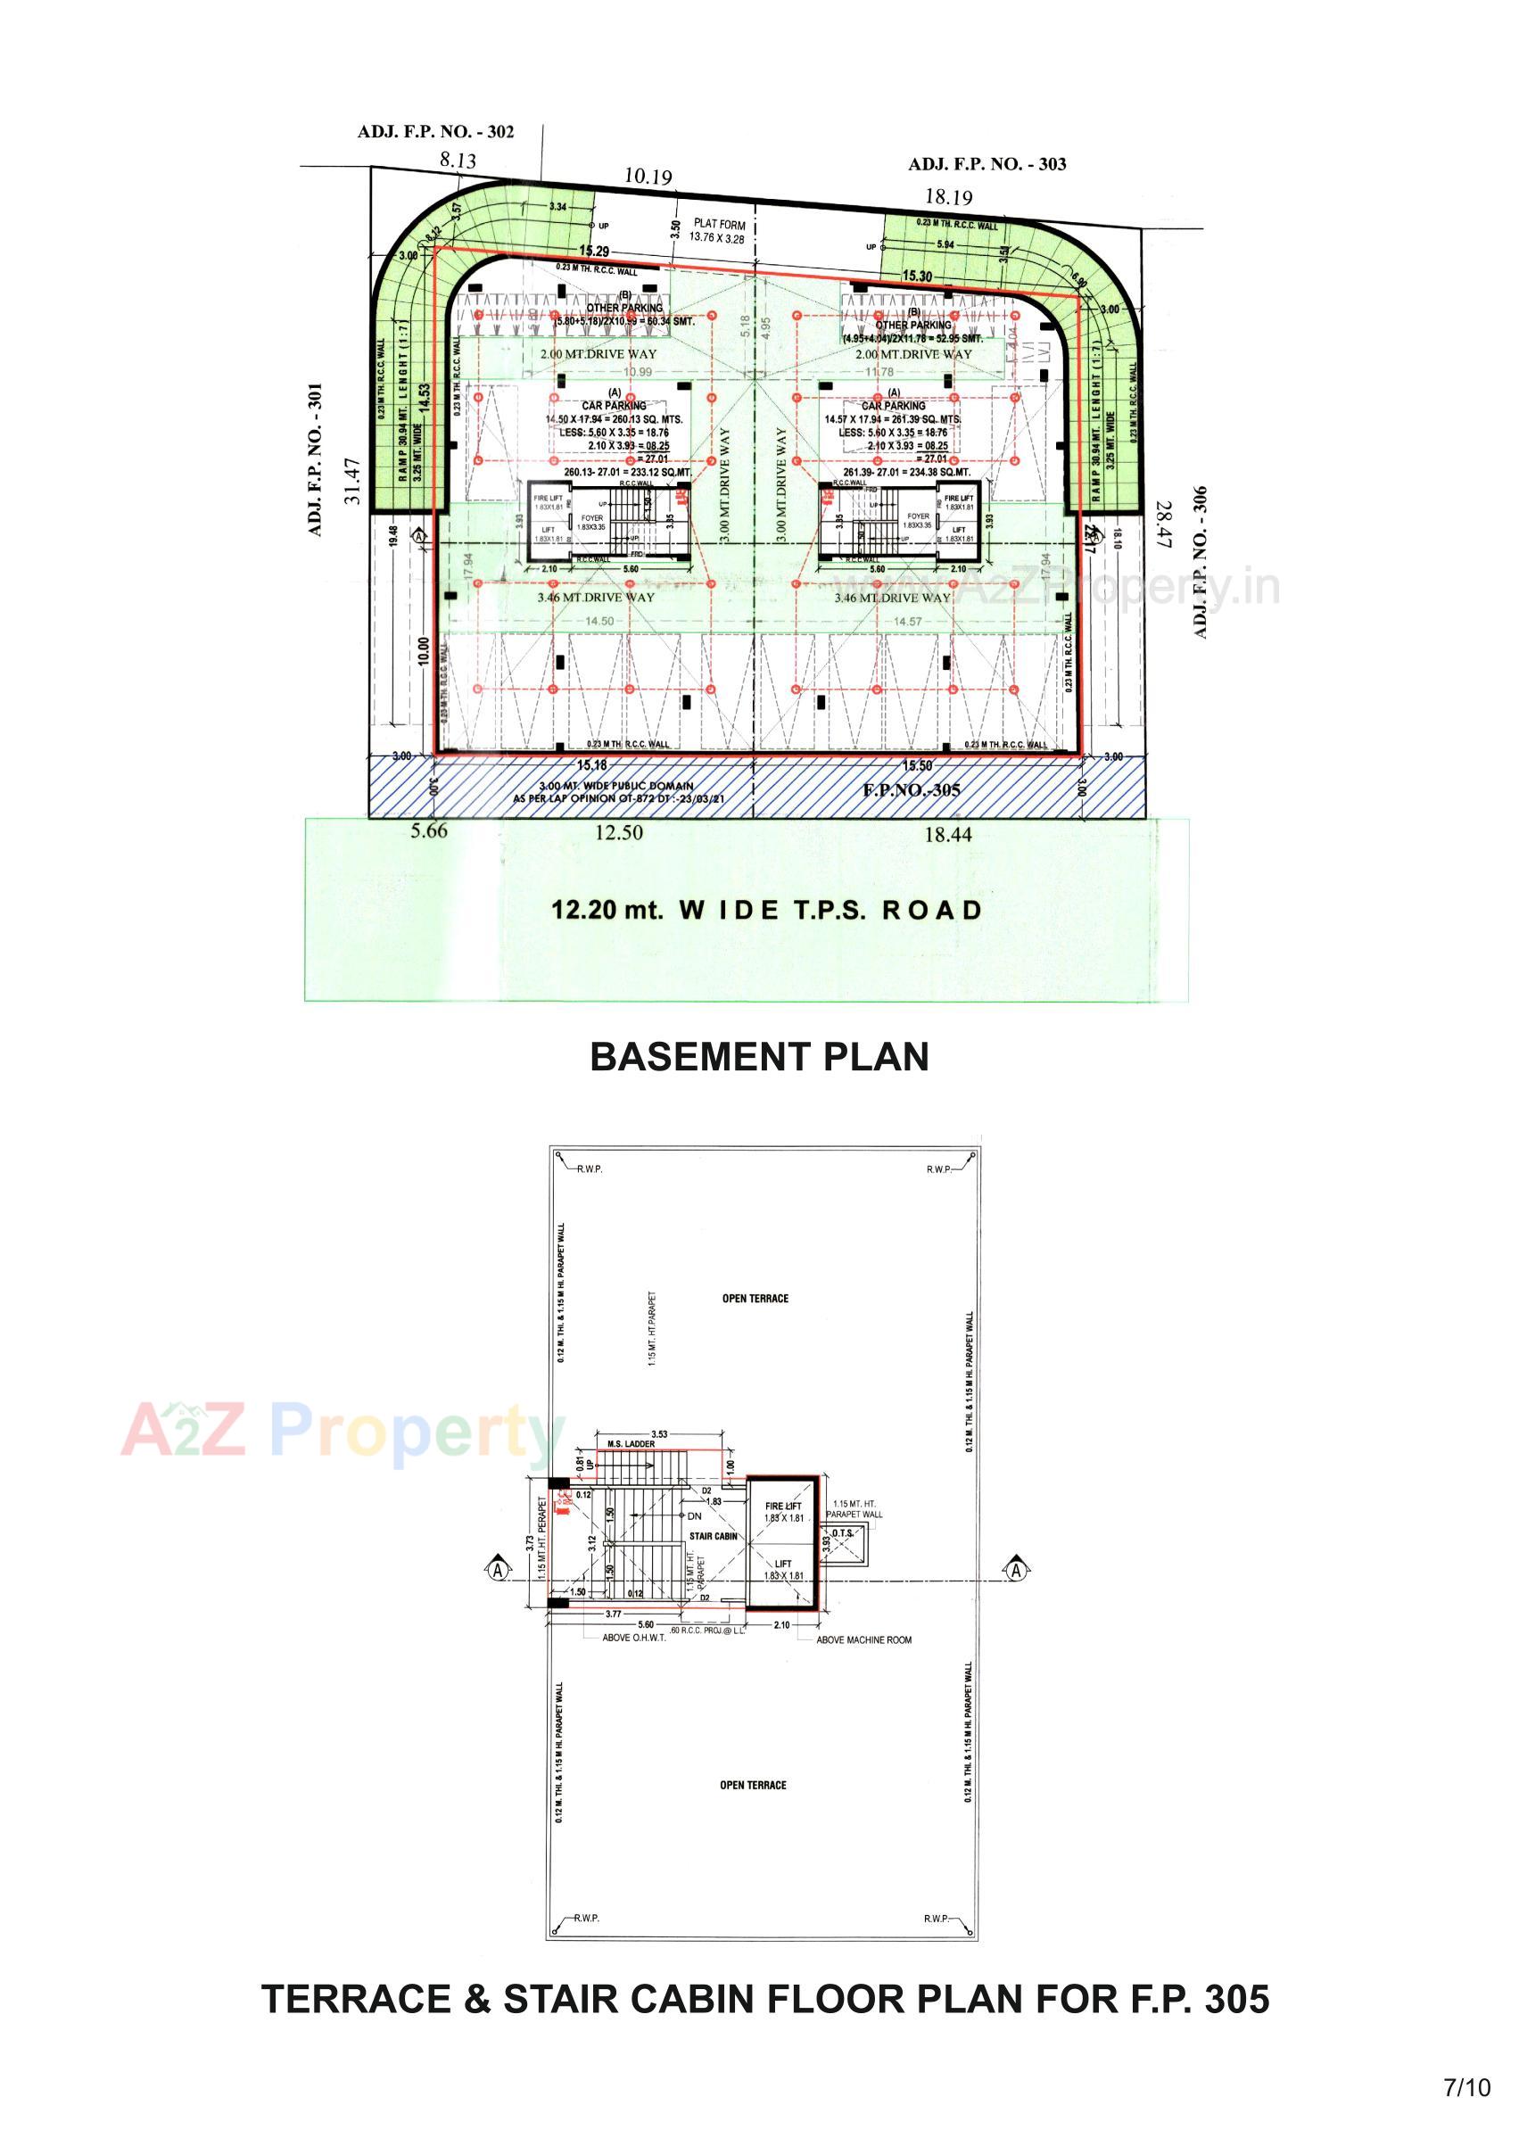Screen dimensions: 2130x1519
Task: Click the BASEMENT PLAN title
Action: (758, 1057)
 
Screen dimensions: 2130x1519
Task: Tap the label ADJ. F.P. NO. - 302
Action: (435, 132)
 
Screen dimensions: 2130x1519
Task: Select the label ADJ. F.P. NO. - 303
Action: (987, 165)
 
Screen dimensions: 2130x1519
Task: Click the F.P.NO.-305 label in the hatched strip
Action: (910, 790)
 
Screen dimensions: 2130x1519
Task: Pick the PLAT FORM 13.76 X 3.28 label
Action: (718, 231)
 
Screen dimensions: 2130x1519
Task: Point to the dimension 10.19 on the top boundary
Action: (648, 176)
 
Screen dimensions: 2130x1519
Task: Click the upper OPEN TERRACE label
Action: (755, 1299)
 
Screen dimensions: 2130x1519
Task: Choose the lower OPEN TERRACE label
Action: (753, 1785)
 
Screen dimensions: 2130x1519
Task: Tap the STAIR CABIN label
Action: (713, 1536)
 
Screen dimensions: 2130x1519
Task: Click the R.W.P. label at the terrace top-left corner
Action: (590, 1169)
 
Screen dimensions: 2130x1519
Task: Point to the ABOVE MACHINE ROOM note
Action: (863, 1639)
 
